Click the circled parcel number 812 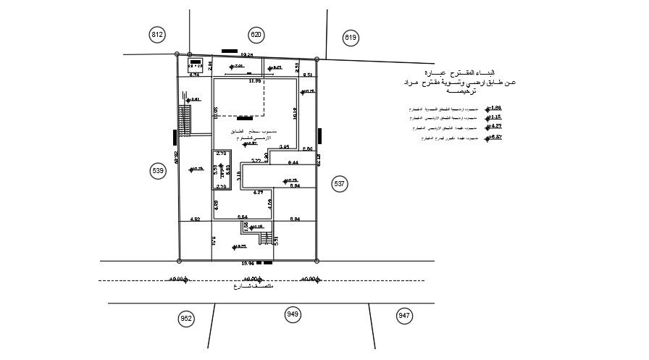158,35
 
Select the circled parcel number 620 256,35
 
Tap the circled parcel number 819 351,37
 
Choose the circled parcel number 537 340,184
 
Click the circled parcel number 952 186,318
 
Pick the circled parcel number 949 293,314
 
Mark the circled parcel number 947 404,315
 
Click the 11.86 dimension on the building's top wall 254,81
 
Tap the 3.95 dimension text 285,147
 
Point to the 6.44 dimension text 293,163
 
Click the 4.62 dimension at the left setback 195,218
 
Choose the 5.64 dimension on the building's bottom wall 243,217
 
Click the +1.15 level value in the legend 495,117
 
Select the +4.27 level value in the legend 496,126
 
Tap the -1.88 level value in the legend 495,107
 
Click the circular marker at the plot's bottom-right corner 317,260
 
